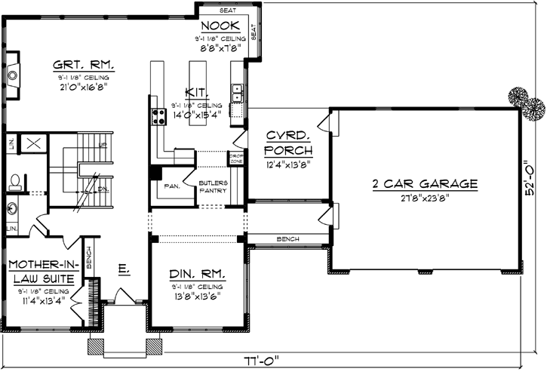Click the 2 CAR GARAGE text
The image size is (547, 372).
point(425,184)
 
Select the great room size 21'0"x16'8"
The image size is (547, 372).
point(81,86)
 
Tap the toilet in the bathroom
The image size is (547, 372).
point(16,182)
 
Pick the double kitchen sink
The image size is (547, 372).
point(236,93)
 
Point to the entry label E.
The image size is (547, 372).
point(122,269)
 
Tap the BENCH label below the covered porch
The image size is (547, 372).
point(287,239)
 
